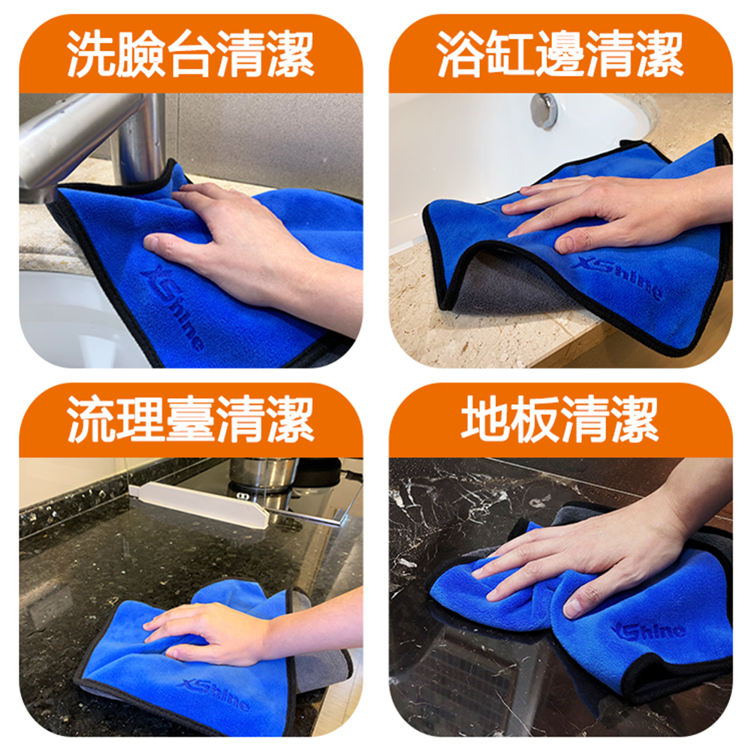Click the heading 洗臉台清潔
point(191,53)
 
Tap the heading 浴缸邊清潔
point(560,53)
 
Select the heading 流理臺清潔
point(191,419)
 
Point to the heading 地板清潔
point(560,419)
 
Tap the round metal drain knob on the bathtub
point(544,110)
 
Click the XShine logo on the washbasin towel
point(173,307)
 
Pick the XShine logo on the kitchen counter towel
point(214,693)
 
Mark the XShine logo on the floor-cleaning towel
point(647,631)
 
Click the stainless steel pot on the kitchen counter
point(263,474)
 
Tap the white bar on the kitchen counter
point(201,505)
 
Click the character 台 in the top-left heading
point(191,53)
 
